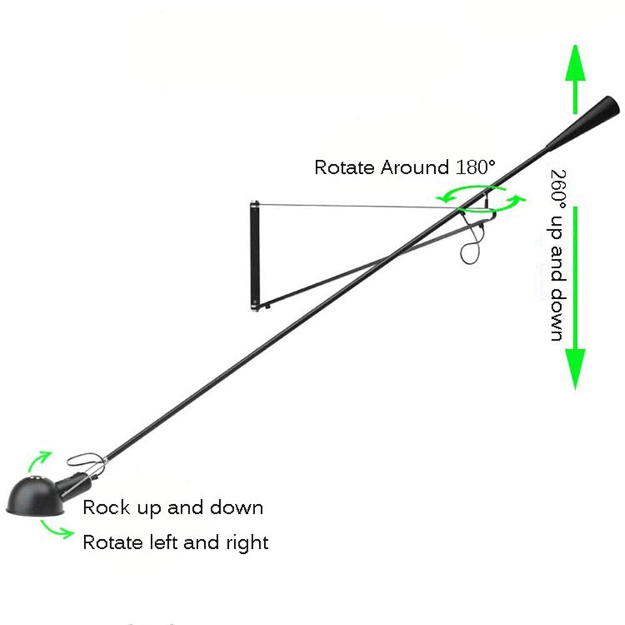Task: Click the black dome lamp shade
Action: click(35, 496)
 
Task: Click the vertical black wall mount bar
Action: click(255, 256)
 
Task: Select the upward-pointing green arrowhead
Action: click(575, 63)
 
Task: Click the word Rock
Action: click(106, 507)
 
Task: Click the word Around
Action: click(414, 167)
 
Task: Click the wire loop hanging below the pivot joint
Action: click(471, 244)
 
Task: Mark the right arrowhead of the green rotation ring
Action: click(517, 199)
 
